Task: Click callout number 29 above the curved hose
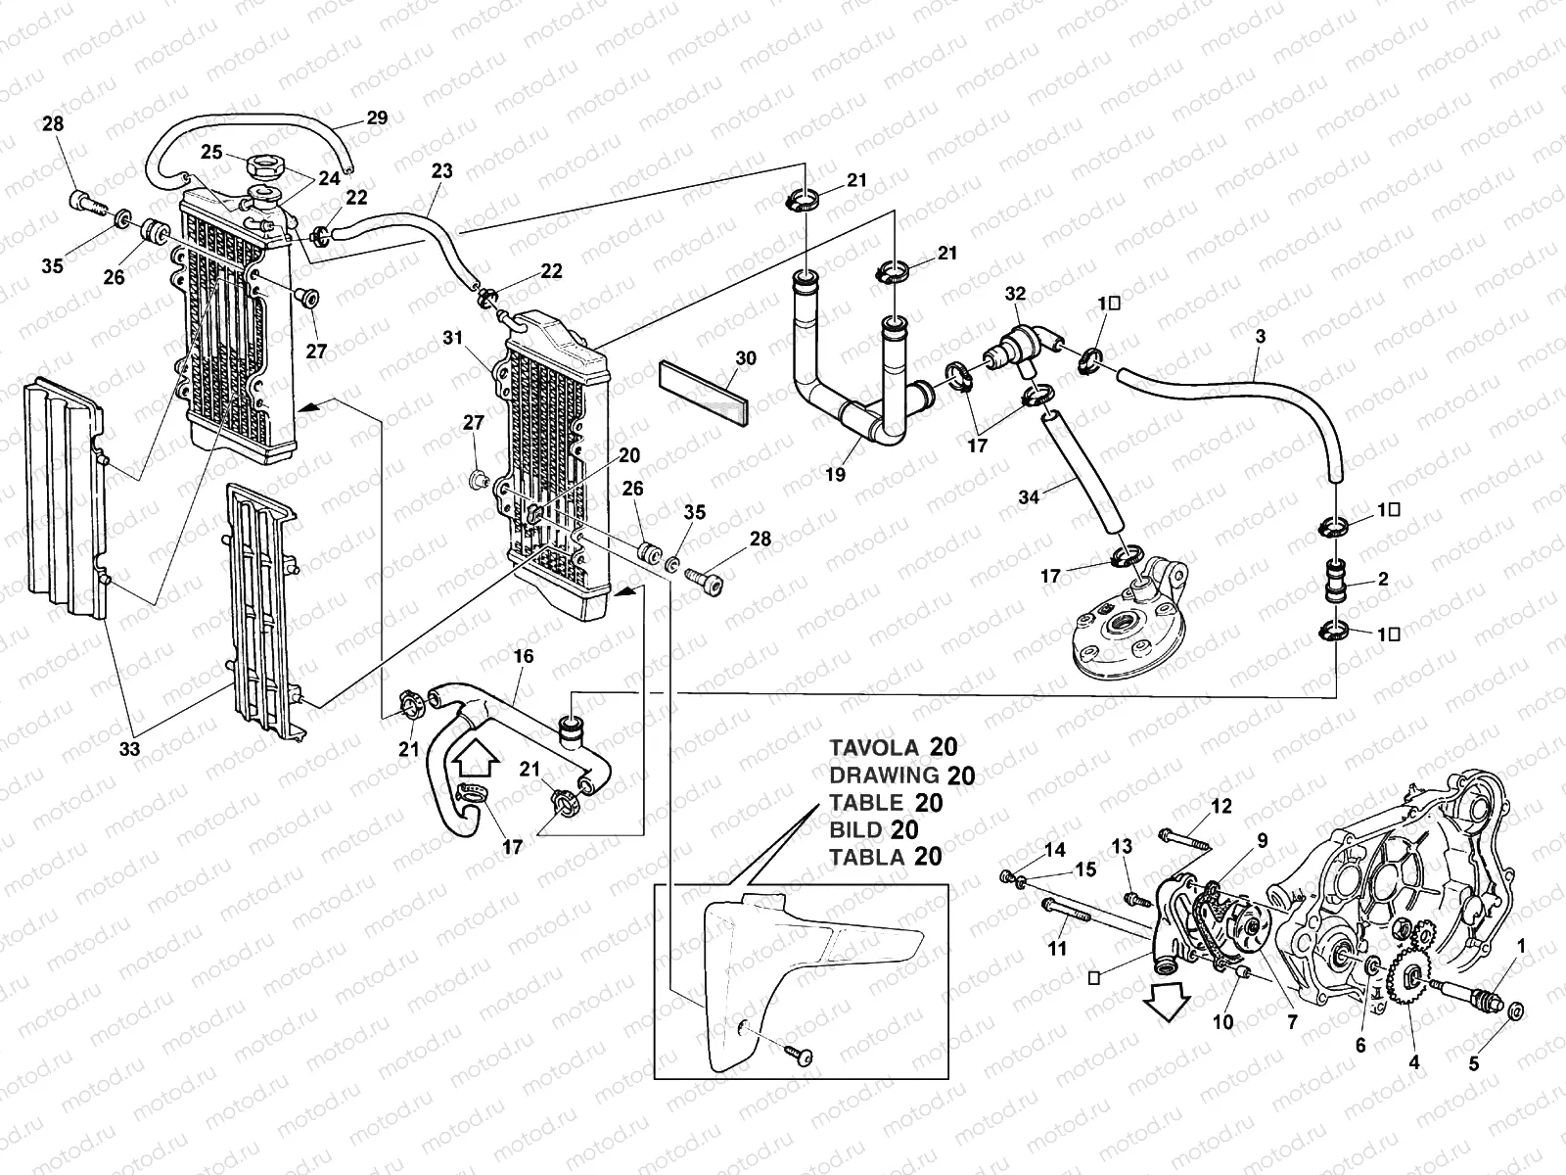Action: coord(377,118)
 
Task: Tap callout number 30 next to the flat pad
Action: coord(746,358)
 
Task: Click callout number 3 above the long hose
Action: coord(1261,337)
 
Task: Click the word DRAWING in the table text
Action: coord(884,775)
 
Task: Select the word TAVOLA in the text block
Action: coord(874,748)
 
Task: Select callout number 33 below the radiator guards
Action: coord(129,749)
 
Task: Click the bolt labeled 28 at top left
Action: coord(86,204)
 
